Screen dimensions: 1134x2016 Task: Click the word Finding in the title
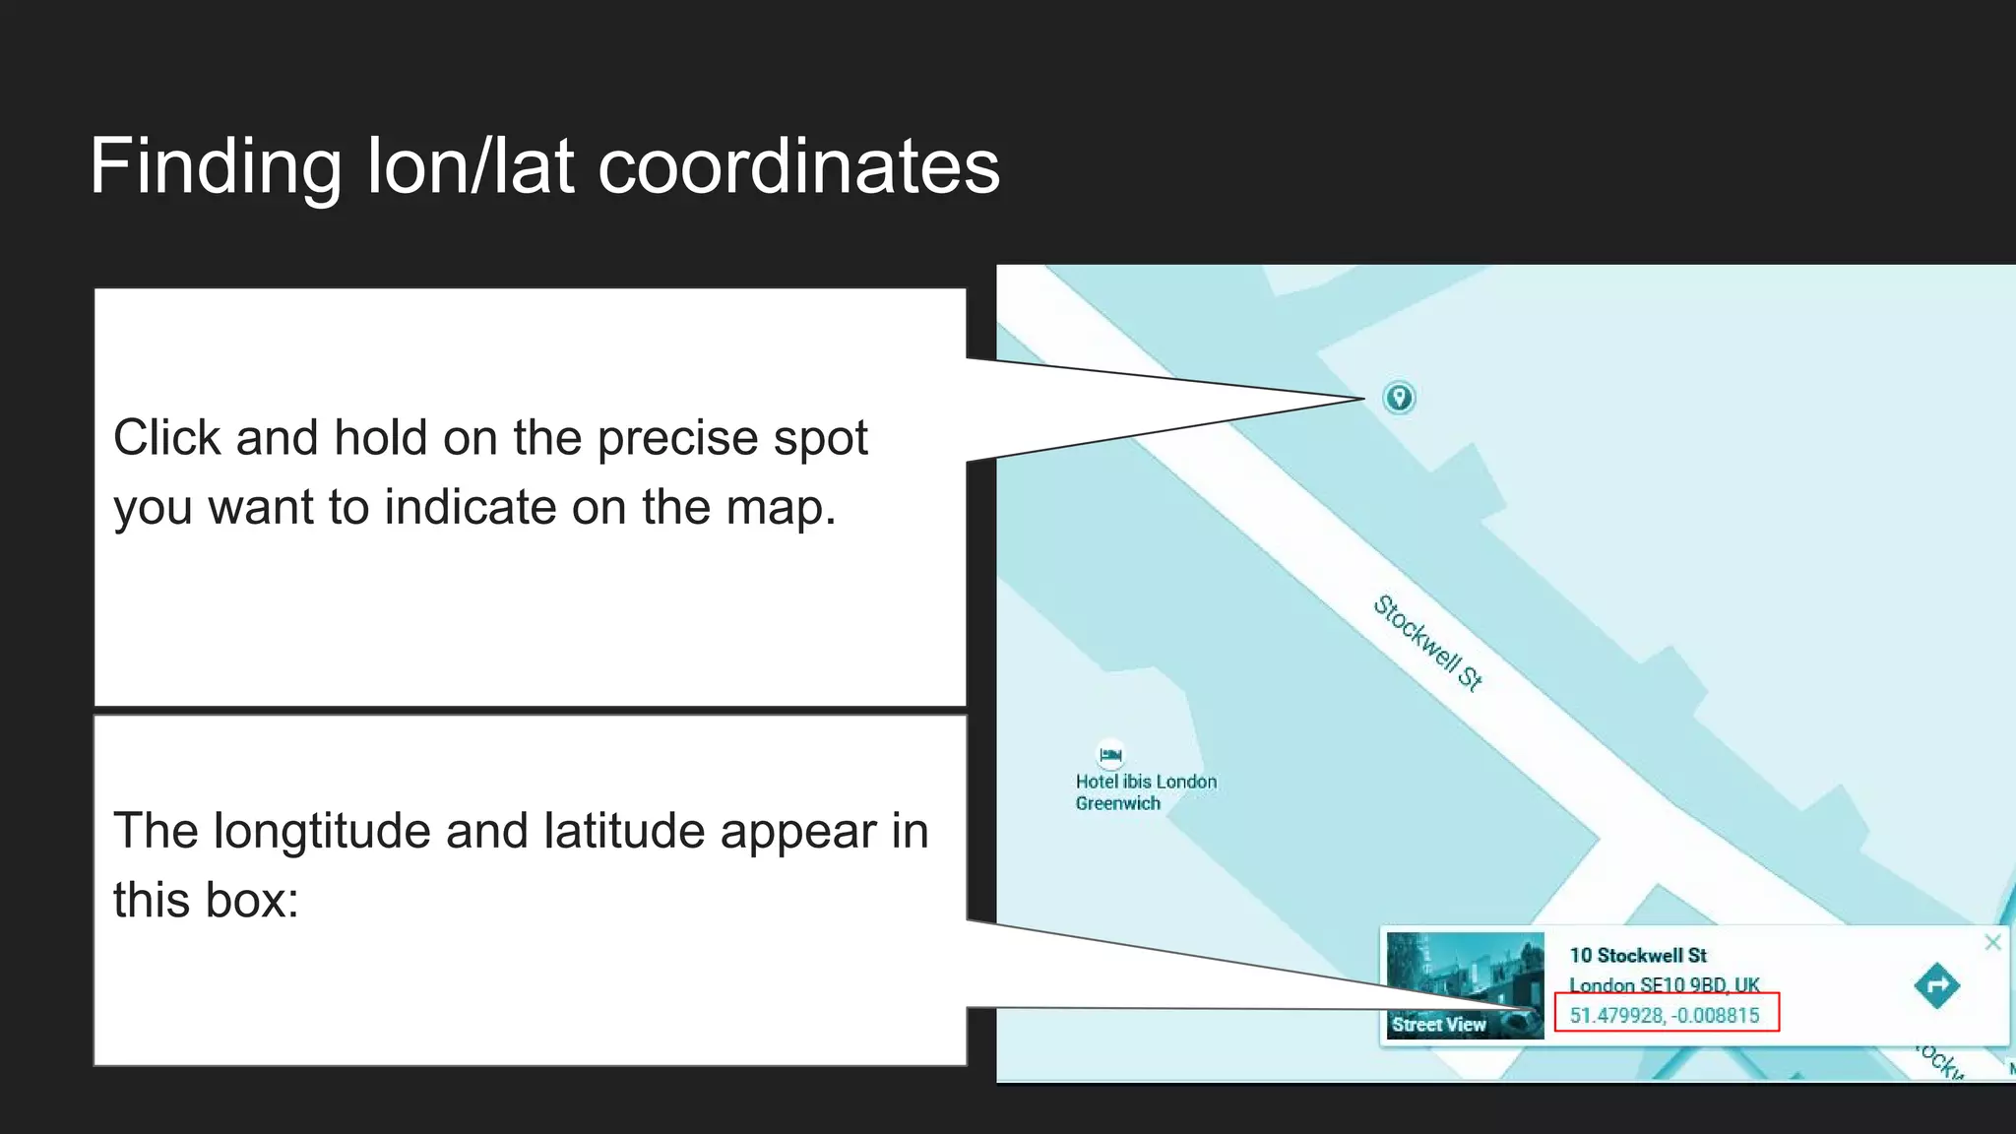click(x=216, y=167)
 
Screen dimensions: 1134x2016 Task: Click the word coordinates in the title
click(x=798, y=167)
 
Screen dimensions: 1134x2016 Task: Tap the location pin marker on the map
click(x=1399, y=398)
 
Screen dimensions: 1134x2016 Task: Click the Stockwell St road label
click(x=1428, y=643)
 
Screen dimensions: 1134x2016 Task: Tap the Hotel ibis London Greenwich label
click(x=1145, y=792)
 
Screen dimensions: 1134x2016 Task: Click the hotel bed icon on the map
click(x=1110, y=755)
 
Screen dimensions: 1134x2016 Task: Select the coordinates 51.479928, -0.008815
click(x=1665, y=1015)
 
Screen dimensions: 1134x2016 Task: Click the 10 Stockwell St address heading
click(x=1638, y=955)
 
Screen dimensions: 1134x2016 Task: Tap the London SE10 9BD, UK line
click(x=1664, y=984)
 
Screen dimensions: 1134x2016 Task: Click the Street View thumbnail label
click(x=1438, y=1025)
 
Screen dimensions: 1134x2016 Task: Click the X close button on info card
click(x=1992, y=942)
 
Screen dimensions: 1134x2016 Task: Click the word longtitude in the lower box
click(x=321, y=832)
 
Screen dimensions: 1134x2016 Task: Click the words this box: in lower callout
click(x=206, y=901)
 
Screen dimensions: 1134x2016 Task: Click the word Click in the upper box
click(x=166, y=439)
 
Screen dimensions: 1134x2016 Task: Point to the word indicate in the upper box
click(x=471, y=508)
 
